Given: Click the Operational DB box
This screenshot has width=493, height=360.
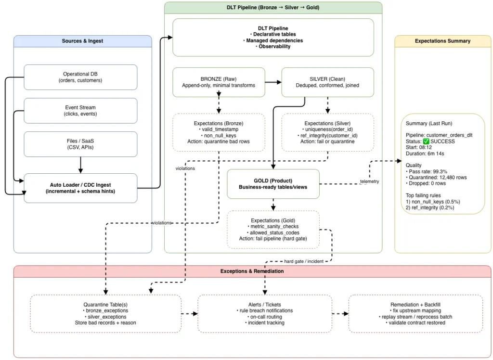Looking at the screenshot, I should pyautogui.click(x=80, y=77).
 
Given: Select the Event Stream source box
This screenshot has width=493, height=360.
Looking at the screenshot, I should pyautogui.click(x=80, y=111).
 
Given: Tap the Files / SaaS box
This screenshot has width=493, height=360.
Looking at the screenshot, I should pyautogui.click(x=80, y=144).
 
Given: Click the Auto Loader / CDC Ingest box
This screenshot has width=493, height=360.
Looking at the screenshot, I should pyautogui.click(x=80, y=188).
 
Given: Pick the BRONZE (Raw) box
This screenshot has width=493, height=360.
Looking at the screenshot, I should pyautogui.click(x=219, y=82).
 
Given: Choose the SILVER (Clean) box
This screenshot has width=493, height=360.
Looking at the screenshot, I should pyautogui.click(x=327, y=82).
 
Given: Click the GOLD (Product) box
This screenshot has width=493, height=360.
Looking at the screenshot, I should pyautogui.click(x=273, y=184).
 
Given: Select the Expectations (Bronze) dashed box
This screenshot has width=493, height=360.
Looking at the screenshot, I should pyautogui.click(x=219, y=132).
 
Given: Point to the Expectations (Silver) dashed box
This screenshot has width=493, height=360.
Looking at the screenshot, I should pyautogui.click(x=327, y=132).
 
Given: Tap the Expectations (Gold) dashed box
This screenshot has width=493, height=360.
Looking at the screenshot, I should pyautogui.click(x=273, y=229).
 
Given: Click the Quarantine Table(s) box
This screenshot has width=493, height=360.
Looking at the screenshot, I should pyautogui.click(x=105, y=313).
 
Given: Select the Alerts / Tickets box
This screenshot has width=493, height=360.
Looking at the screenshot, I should pyautogui.click(x=265, y=313).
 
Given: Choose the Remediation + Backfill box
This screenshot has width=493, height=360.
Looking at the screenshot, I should pyautogui.click(x=415, y=313).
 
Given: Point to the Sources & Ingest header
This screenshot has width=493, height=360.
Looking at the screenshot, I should pyautogui.click(x=82, y=41).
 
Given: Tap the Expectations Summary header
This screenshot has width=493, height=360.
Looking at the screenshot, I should pyautogui.click(x=442, y=41).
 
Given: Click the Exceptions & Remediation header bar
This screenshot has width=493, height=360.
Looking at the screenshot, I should pyautogui.click(x=252, y=271).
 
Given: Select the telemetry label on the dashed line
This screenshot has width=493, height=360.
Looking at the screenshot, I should pyautogui.click(x=369, y=181).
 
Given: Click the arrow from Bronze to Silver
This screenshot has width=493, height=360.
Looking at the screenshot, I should pyautogui.click(x=273, y=82).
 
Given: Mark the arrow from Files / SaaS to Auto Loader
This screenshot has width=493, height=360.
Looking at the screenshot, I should pyautogui.click(x=80, y=165).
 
